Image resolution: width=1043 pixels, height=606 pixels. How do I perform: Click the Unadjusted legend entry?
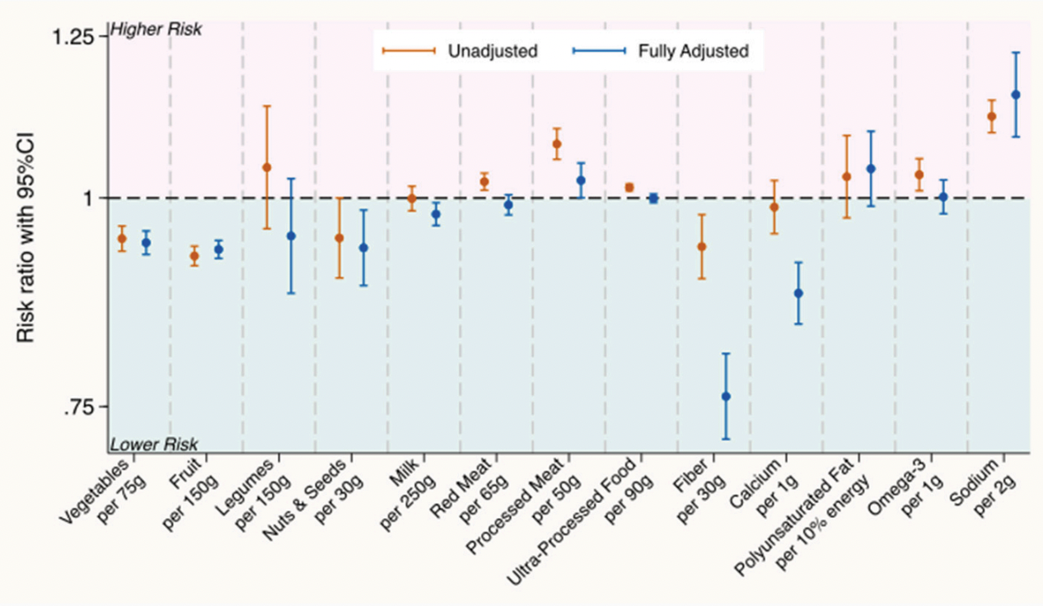point(492,51)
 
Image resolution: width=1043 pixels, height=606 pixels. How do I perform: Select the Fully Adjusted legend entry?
point(692,51)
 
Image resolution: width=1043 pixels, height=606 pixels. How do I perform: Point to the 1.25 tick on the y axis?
point(80,37)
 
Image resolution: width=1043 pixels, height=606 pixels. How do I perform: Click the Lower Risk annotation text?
point(154,445)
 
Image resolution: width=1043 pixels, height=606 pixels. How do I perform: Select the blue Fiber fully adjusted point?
point(726,396)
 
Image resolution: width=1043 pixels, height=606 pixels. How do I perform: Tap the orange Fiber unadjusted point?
point(702,246)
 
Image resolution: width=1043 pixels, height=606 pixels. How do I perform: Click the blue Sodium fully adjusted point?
point(1016,95)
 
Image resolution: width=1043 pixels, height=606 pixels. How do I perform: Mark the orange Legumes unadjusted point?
point(267,167)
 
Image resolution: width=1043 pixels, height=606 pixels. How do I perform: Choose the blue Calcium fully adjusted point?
point(798,293)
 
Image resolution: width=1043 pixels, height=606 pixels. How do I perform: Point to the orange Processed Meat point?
point(557,143)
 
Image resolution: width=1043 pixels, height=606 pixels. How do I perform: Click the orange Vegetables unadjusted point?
point(122,238)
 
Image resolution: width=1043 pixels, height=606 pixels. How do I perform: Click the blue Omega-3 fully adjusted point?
point(943,197)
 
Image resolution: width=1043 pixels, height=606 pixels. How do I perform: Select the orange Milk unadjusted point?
point(412,198)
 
